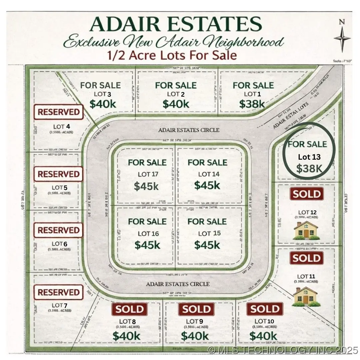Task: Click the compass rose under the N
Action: click(x=342, y=39)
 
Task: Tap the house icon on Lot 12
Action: click(x=306, y=230)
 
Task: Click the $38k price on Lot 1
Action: click(x=252, y=104)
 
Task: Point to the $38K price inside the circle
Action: click(x=309, y=169)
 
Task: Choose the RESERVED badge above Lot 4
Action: click(x=58, y=112)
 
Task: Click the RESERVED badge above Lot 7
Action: click(x=58, y=292)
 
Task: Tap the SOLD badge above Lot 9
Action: click(x=197, y=309)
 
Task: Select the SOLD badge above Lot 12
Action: click(x=307, y=194)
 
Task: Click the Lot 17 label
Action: click(x=148, y=174)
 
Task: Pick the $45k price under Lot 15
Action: click(x=207, y=245)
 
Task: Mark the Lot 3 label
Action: click(x=100, y=94)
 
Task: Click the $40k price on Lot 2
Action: click(x=176, y=104)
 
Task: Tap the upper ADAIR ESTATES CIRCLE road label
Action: click(x=189, y=130)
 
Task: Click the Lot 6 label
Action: click(x=59, y=244)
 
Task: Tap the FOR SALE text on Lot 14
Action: click(x=207, y=163)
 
